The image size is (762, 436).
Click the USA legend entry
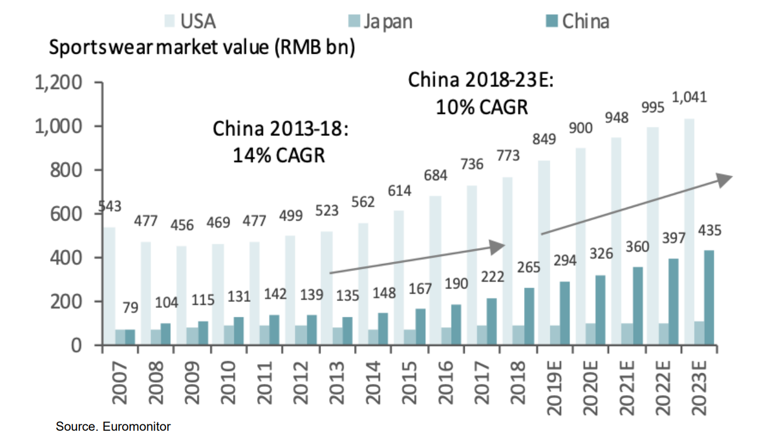190,22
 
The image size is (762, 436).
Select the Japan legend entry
380,22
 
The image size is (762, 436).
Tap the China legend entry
579,22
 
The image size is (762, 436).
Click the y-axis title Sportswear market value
202,48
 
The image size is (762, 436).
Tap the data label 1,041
690,97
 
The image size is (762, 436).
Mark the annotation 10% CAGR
482,107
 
